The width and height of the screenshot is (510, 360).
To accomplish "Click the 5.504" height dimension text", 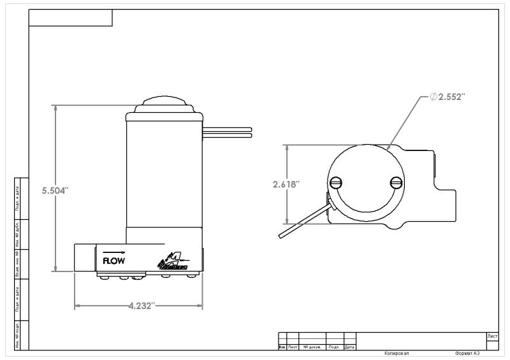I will (56, 191).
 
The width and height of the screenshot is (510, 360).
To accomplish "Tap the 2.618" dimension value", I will (286, 184).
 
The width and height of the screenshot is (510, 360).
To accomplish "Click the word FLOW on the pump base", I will (113, 260).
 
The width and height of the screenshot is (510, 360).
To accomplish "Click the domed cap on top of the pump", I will (164, 104).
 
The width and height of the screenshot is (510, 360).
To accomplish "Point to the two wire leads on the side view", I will (228, 132).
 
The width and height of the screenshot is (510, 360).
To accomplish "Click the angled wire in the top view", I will (305, 220).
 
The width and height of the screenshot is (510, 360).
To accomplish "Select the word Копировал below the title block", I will (397, 353).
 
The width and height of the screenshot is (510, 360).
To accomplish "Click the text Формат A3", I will (467, 353).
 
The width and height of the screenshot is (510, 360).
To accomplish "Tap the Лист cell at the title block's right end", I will (492, 336).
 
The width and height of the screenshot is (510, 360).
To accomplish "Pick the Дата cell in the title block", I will (349, 347).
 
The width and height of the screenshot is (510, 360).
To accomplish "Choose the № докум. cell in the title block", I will (312, 347).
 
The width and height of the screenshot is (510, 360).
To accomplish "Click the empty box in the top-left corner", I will (71, 18).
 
